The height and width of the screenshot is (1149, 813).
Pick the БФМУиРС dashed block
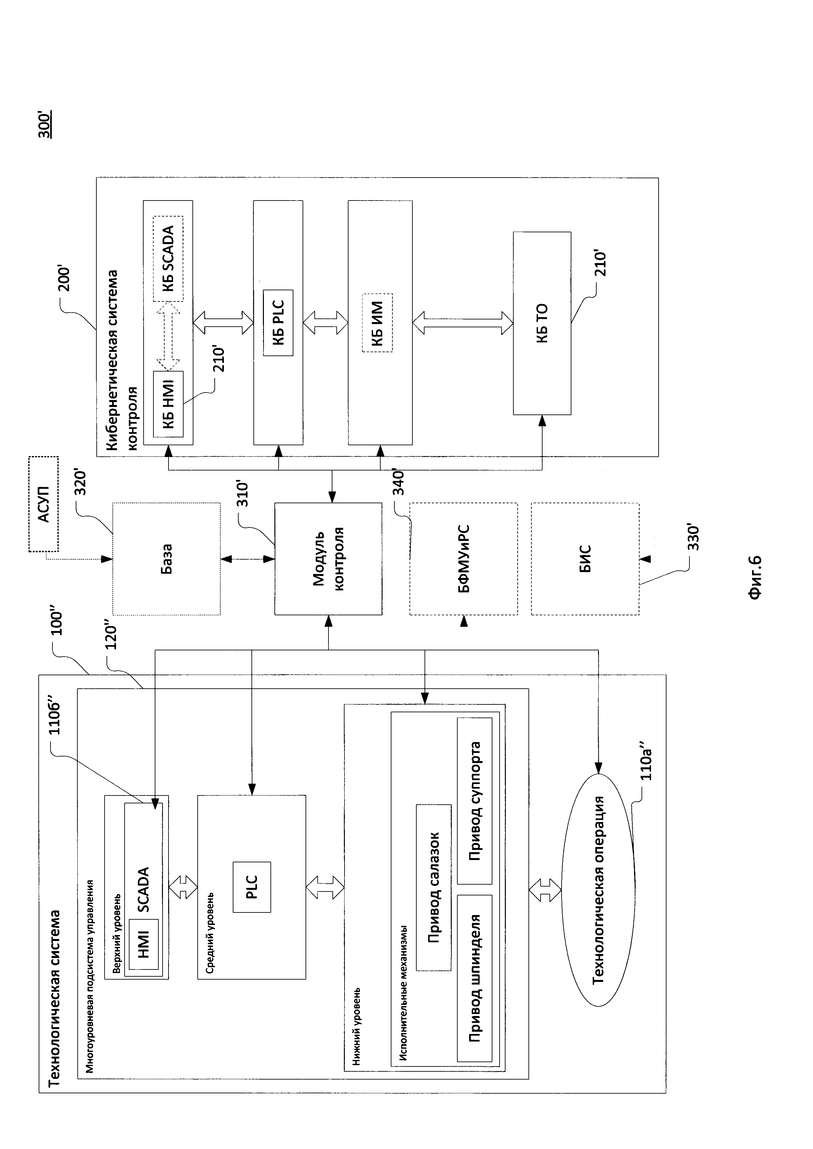point(464,559)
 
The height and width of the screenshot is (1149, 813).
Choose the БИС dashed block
point(585,559)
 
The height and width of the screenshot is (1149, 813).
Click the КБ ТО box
point(542,323)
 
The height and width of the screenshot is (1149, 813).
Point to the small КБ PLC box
point(278,323)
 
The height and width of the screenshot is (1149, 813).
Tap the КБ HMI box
point(168,404)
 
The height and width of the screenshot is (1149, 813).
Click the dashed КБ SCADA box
point(168,259)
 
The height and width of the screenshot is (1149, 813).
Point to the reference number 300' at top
point(45,125)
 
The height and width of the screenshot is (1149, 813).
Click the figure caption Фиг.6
point(754,577)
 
